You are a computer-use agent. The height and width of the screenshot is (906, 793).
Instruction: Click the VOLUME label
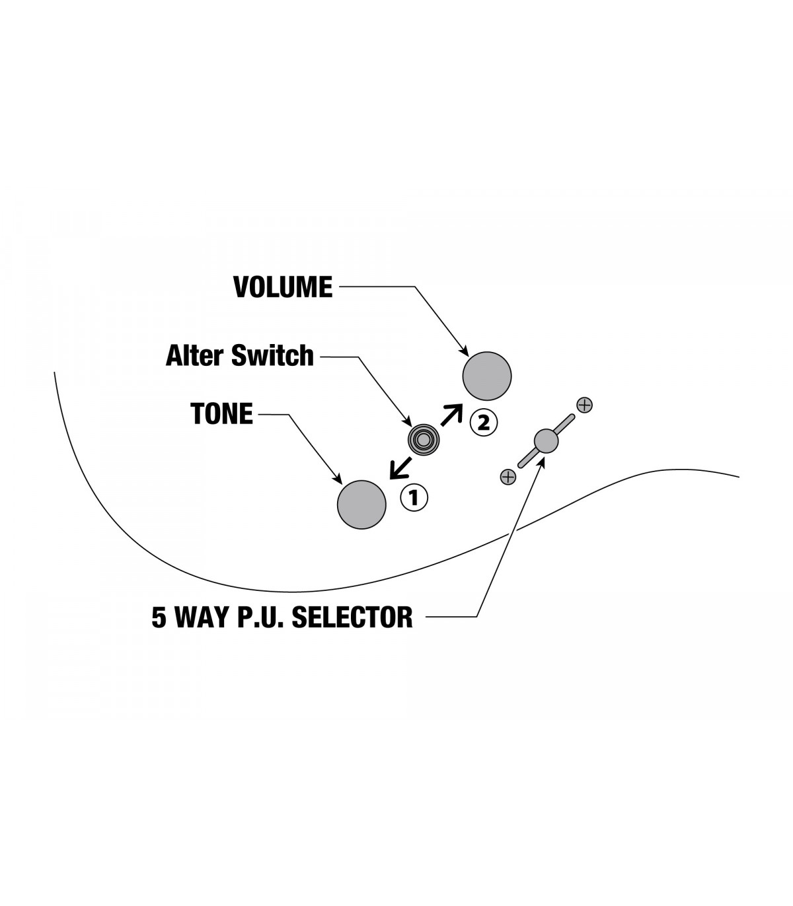[283, 287]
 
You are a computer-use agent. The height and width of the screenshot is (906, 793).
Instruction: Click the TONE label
[221, 414]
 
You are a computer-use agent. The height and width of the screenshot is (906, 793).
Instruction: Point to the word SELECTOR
[352, 617]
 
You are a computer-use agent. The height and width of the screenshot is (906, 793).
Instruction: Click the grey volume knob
[487, 376]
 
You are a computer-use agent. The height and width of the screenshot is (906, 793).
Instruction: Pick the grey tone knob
[361, 505]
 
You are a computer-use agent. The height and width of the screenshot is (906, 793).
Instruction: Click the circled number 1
[414, 497]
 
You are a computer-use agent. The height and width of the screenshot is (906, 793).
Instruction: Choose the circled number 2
[483, 422]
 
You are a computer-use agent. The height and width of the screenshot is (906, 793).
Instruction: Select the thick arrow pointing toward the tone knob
[399, 467]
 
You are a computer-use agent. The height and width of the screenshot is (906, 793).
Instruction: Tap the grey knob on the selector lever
[546, 440]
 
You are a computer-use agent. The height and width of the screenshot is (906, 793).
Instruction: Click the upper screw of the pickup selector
[584, 405]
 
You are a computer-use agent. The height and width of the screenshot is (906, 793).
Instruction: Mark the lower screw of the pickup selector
[508, 475]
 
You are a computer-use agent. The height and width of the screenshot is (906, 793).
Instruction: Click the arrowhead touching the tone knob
[338, 479]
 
